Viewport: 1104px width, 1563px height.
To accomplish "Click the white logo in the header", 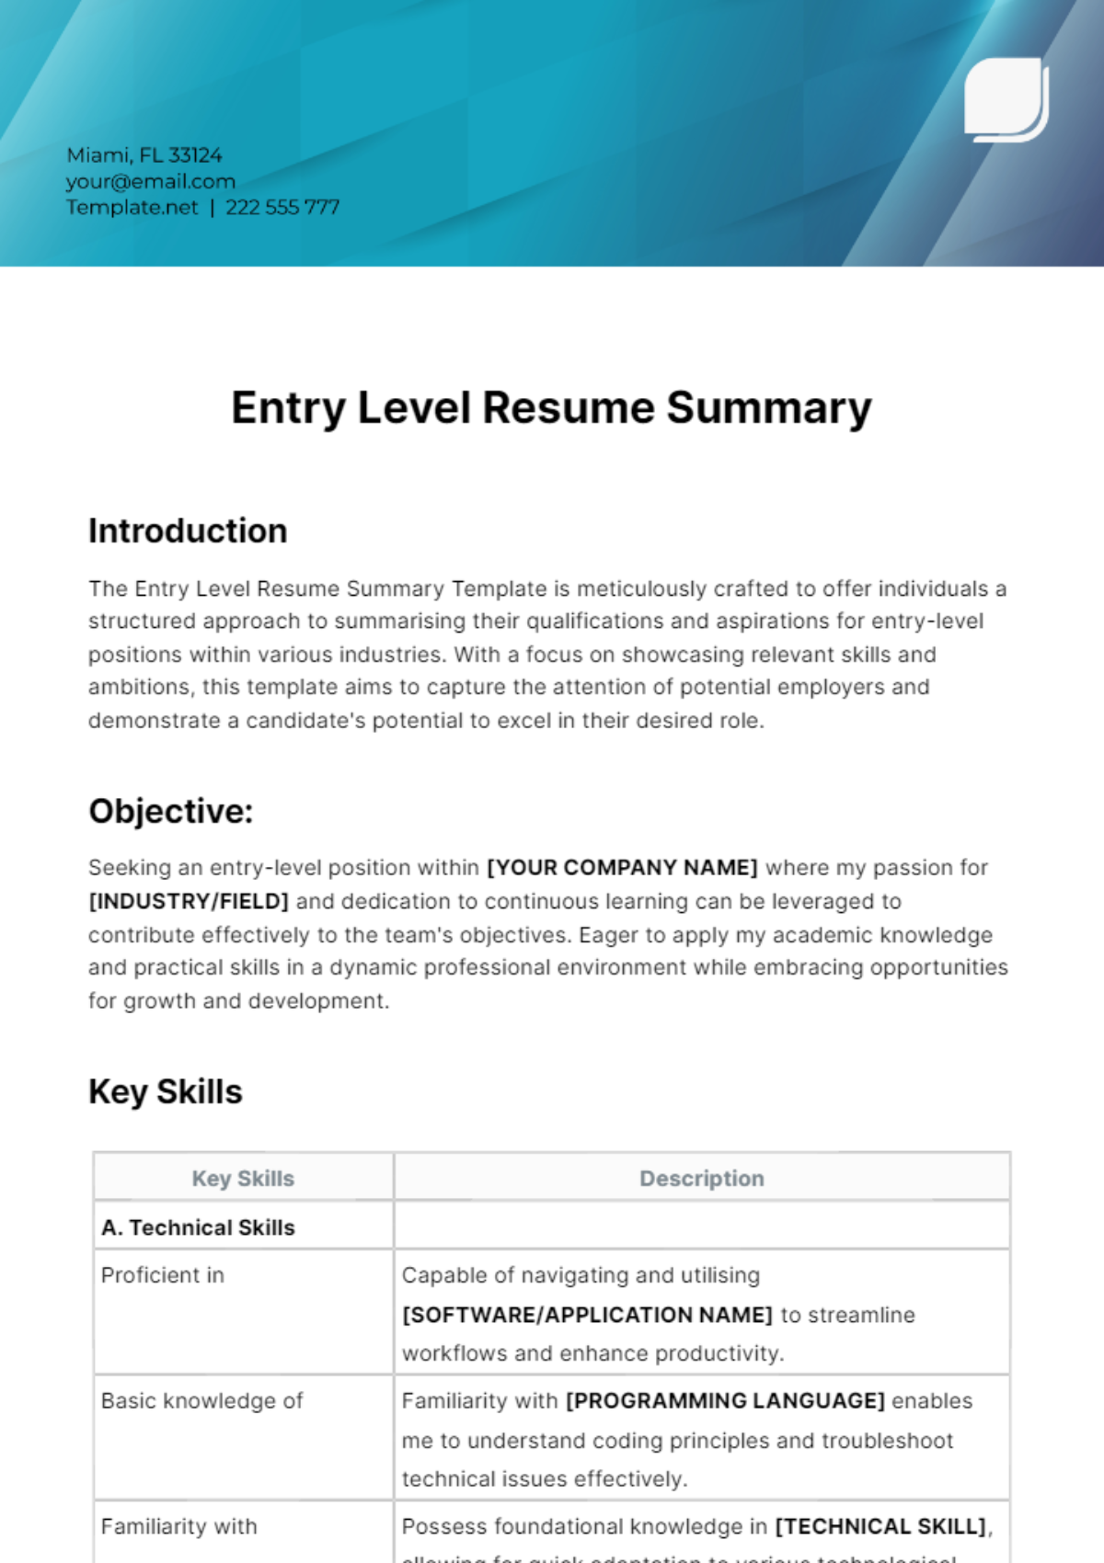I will point(1006,99).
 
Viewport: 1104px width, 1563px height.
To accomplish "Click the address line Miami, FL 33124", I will point(144,155).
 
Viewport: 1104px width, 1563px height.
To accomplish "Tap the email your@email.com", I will point(151,181).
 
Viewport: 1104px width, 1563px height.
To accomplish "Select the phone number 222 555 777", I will point(282,207).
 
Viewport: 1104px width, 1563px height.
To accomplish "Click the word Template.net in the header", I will point(132,207).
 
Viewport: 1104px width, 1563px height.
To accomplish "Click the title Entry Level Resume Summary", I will point(551,407).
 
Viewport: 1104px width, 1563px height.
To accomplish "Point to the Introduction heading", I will point(188,531).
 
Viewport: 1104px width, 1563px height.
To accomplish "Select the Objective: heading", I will point(170,811).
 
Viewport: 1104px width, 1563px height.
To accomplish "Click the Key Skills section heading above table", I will point(166,1091).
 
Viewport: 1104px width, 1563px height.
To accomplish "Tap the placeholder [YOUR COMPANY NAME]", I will point(622,868).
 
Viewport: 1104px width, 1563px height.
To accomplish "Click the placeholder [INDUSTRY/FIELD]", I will point(189,901).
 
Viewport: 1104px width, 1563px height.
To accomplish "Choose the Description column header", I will point(702,1179).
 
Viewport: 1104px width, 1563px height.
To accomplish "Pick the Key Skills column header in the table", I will point(243,1179).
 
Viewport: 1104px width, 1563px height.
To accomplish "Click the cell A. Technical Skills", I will point(199,1227).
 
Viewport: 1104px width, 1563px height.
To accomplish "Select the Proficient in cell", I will point(163,1275).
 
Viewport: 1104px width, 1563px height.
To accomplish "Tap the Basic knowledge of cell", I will point(201,1400).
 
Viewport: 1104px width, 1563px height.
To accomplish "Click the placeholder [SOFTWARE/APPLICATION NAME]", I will point(587,1315).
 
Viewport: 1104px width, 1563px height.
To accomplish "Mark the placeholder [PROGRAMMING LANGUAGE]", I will point(725,1400).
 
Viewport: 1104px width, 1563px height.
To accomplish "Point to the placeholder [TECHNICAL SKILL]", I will point(880,1526).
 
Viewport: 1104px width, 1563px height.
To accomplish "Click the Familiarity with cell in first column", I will point(179,1526).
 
